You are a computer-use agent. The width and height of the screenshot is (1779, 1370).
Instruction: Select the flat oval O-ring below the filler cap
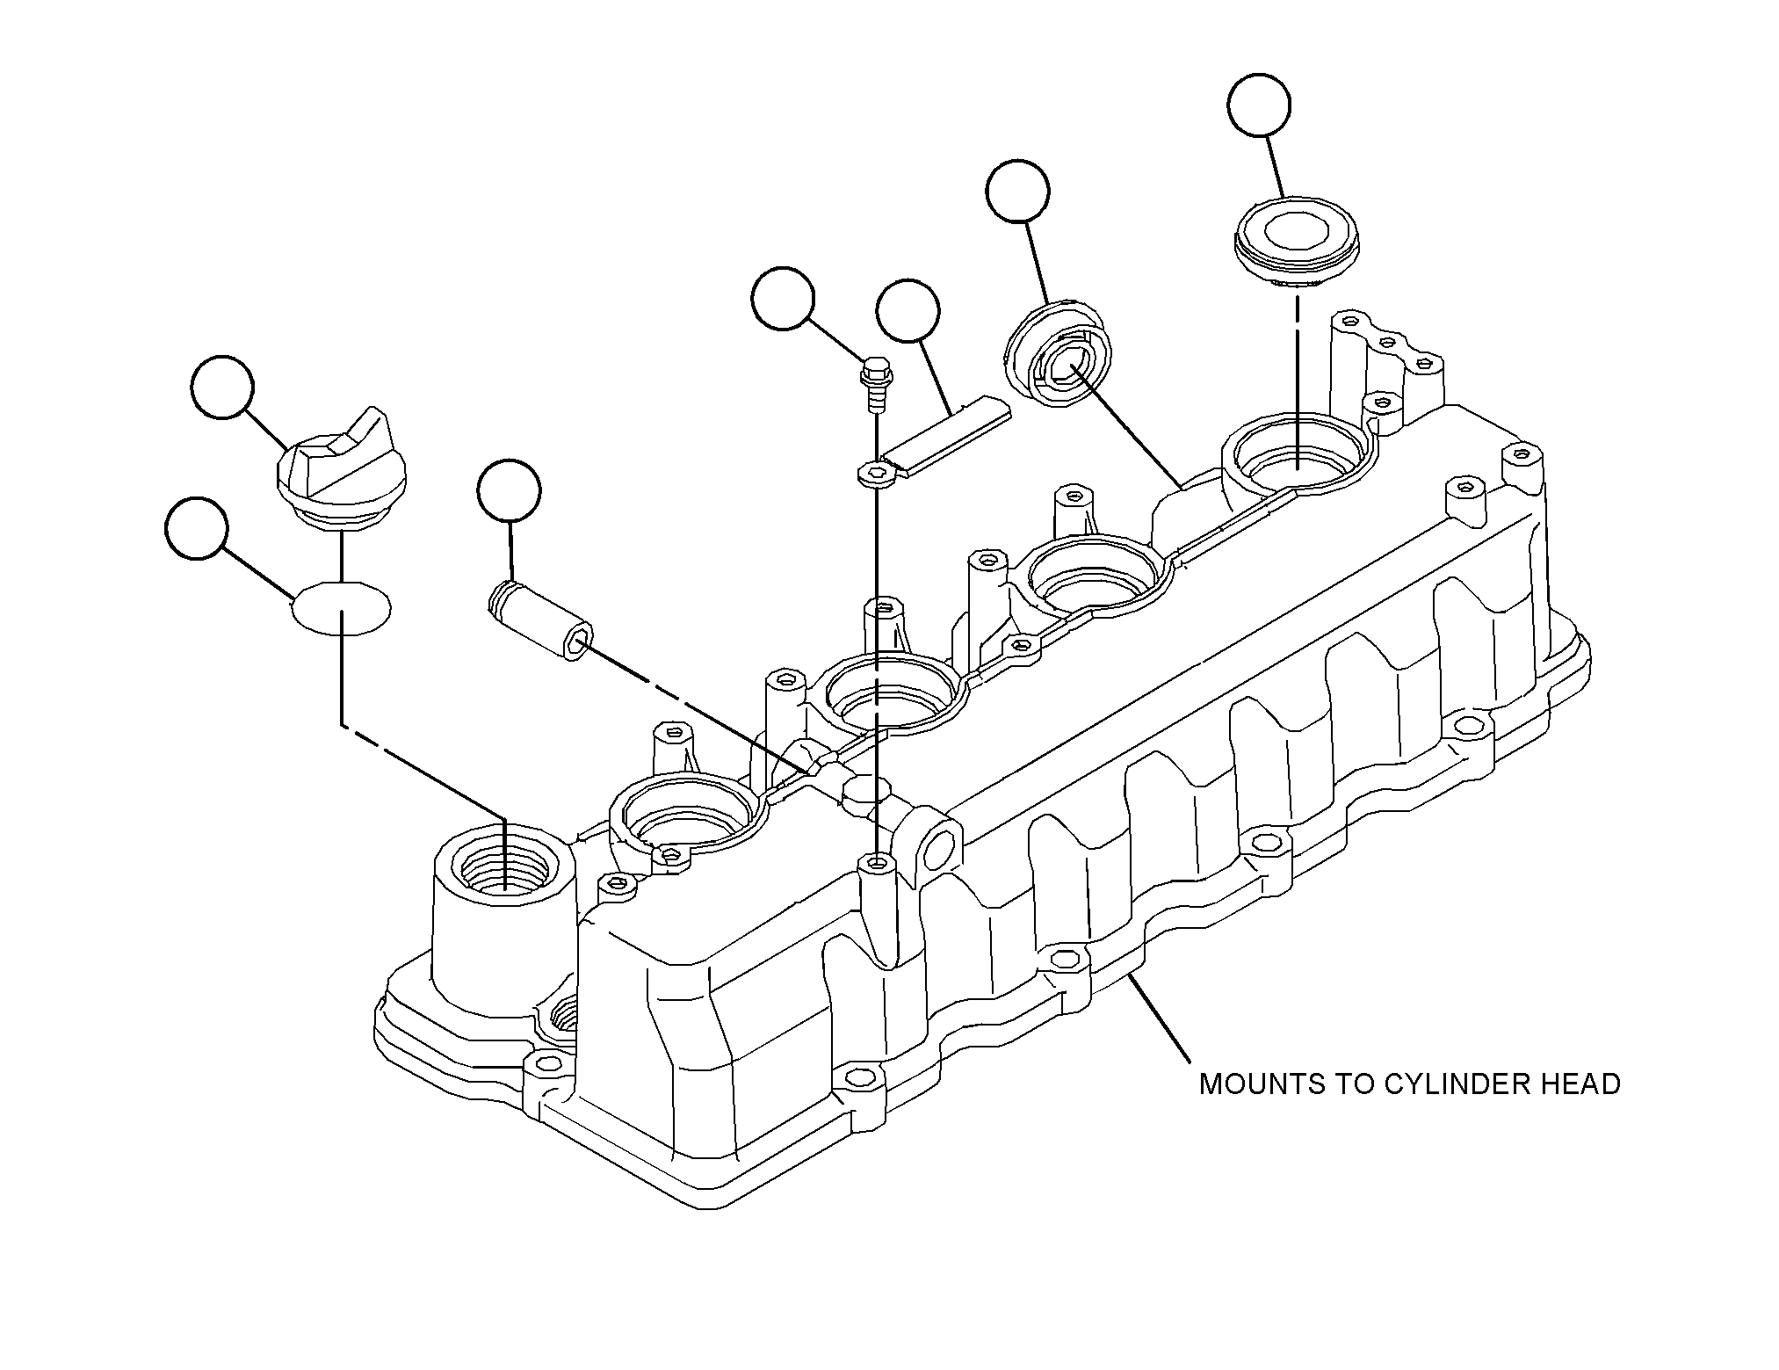click(x=341, y=605)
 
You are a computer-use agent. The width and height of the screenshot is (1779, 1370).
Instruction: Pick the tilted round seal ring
click(x=1059, y=354)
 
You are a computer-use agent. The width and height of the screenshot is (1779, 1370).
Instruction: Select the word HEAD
click(x=1581, y=1084)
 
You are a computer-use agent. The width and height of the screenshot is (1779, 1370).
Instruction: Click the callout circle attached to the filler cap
click(x=223, y=388)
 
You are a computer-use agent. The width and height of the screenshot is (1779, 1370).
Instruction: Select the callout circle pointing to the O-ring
click(x=197, y=527)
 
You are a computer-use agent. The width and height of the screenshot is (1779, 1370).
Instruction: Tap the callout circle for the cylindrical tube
click(x=510, y=490)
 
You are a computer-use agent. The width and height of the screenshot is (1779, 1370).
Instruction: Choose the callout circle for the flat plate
click(x=908, y=311)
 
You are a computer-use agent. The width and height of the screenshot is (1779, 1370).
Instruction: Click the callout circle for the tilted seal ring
click(x=1018, y=192)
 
